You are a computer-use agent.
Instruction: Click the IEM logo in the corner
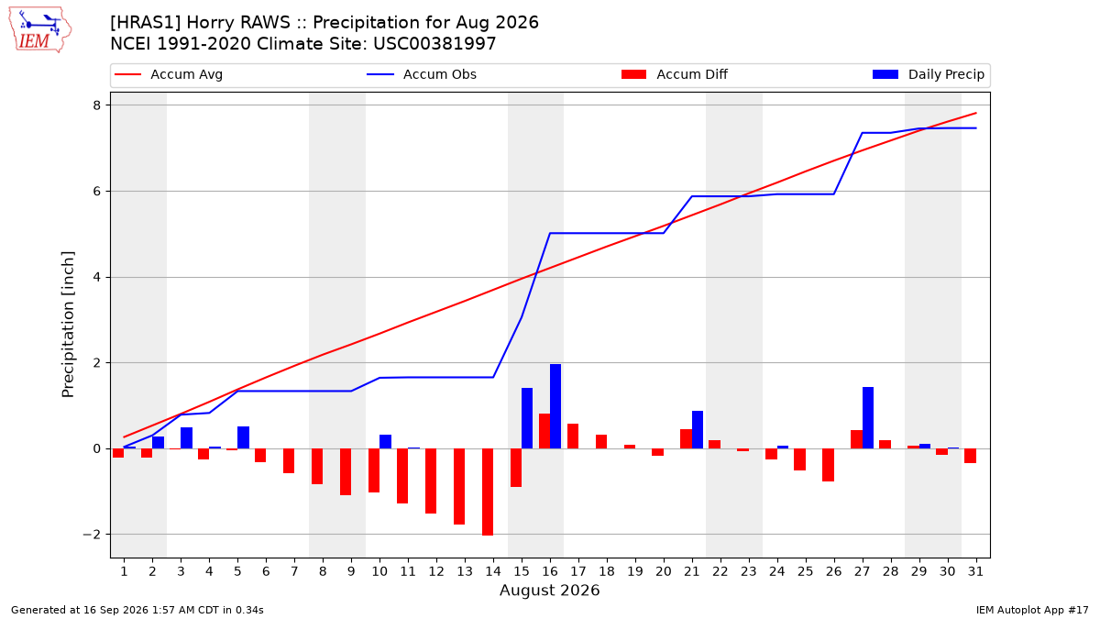(40, 30)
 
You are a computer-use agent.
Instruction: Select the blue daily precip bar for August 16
(555, 406)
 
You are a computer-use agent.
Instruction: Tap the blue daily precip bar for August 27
(868, 417)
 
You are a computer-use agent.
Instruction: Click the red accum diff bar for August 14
(488, 492)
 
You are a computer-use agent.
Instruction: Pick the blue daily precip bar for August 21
(698, 430)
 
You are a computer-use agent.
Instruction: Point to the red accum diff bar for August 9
(346, 471)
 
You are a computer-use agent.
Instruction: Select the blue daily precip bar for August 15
(527, 418)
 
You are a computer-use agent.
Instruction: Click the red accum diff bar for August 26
(828, 465)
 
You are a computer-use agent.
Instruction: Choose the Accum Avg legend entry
(169, 74)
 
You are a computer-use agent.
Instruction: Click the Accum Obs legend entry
(422, 74)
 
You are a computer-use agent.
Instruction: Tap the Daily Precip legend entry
(929, 74)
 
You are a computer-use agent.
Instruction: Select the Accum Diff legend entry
(675, 74)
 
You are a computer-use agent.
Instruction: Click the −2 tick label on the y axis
(92, 535)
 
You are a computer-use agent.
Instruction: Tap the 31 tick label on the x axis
(975, 572)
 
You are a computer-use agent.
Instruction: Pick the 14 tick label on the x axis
(493, 572)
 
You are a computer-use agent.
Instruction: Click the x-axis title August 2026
(549, 590)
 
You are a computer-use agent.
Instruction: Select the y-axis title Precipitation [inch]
(68, 325)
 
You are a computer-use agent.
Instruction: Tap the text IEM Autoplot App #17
(1032, 610)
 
